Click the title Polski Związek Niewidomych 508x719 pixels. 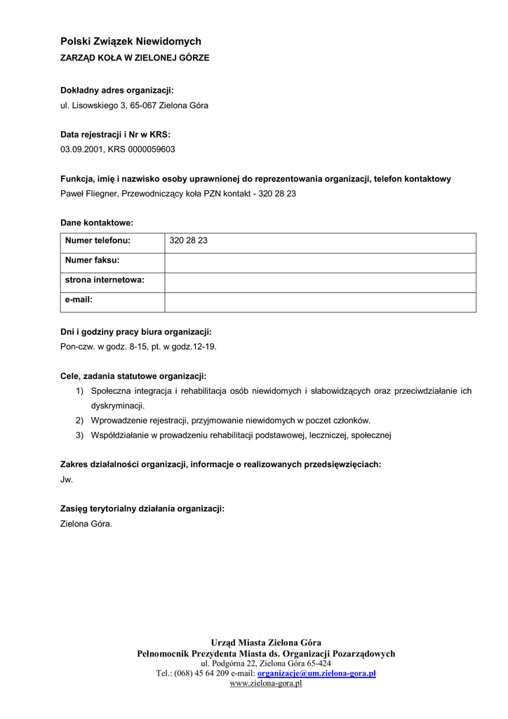(131, 42)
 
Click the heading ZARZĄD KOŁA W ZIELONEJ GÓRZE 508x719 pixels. (135, 58)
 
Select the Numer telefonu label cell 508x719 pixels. (112, 241)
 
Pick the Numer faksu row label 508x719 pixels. (112, 260)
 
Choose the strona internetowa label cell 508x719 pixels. (112, 280)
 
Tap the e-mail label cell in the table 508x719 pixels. (112, 300)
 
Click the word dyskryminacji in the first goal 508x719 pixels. (118, 406)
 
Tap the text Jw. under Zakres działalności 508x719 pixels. (67, 480)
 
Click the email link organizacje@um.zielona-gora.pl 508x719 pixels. (316, 673)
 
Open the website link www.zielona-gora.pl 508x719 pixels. (266, 683)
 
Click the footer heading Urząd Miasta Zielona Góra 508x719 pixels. (266, 642)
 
